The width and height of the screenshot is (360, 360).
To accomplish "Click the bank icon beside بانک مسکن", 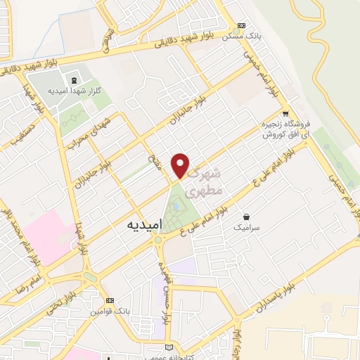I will [x=243, y=23].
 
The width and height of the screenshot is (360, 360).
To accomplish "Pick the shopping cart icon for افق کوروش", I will [x=285, y=113].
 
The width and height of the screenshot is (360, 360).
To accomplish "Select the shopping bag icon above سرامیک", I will [x=247, y=217].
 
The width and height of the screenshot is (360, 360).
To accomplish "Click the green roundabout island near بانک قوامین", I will [x=89, y=278].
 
